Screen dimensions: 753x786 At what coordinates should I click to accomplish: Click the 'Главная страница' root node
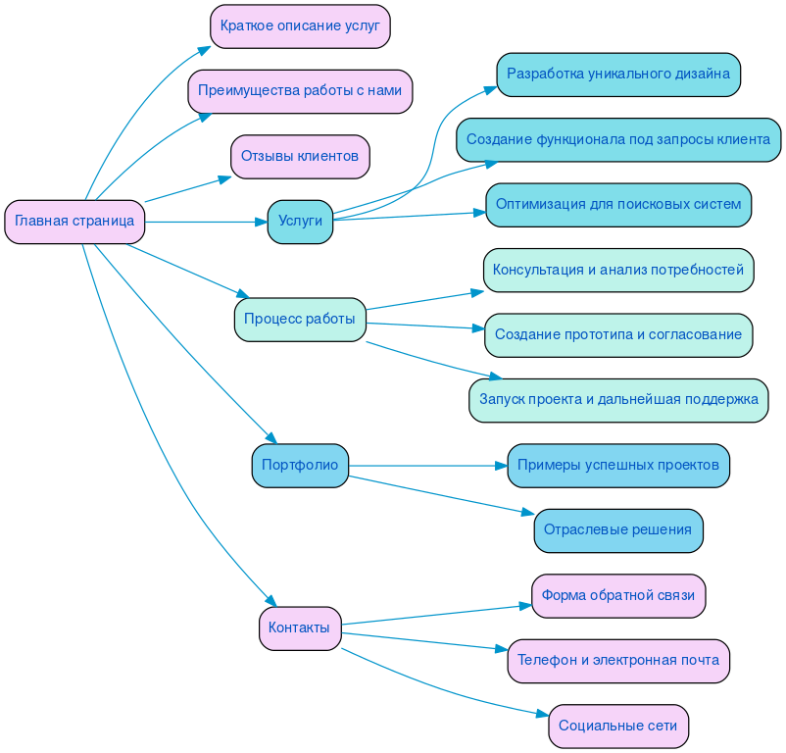tap(74, 222)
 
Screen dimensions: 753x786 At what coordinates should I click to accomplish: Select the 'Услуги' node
tap(300, 222)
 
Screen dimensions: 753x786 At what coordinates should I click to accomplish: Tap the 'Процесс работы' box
tap(300, 320)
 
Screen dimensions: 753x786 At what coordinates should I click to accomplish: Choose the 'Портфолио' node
tap(300, 466)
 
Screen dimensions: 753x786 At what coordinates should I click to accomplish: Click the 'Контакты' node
tap(300, 628)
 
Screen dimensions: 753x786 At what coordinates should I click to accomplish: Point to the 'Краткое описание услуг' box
tap(300, 26)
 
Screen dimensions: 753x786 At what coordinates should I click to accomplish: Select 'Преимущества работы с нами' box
tap(300, 91)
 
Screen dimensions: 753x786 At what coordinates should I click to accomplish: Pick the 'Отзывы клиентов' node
tap(300, 157)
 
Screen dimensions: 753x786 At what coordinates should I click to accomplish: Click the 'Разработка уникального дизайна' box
tap(618, 75)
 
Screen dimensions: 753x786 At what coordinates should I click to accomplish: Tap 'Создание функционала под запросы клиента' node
tap(618, 140)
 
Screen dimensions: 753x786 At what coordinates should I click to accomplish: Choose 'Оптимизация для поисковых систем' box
tap(618, 205)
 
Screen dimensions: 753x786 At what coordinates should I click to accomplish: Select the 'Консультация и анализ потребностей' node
tap(618, 271)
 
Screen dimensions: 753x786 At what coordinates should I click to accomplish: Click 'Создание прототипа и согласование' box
tap(618, 335)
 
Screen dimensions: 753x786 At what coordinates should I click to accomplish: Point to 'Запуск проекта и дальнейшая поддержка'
tap(618, 400)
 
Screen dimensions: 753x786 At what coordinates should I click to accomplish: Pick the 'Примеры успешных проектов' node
tap(618, 466)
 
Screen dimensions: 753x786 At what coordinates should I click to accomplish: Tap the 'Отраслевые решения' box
tap(618, 530)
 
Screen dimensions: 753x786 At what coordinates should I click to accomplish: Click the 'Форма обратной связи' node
tap(618, 596)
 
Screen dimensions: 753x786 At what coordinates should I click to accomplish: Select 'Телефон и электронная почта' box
tap(618, 661)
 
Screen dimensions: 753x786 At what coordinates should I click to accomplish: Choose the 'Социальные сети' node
tap(618, 727)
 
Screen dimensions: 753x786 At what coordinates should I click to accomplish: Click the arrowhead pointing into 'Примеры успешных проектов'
tap(501, 466)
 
